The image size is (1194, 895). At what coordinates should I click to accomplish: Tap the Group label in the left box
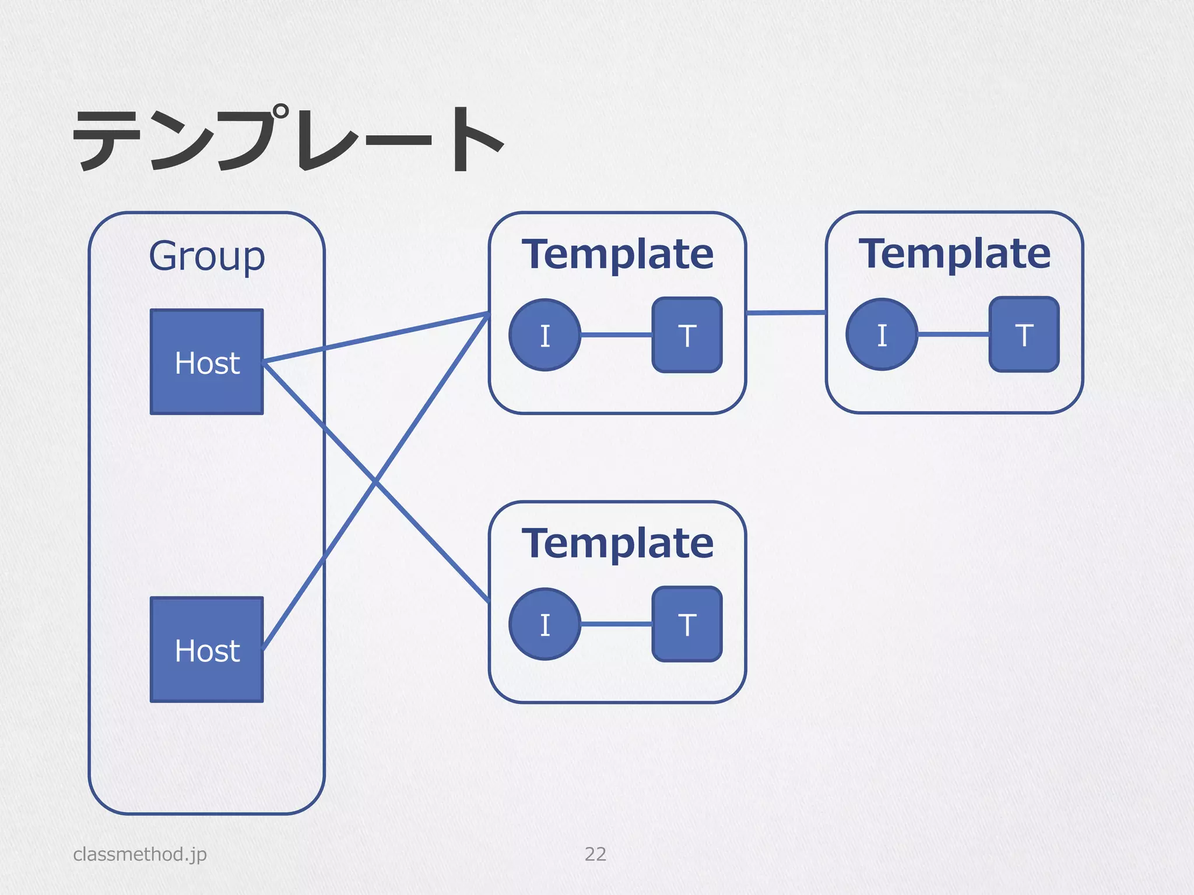[x=207, y=256]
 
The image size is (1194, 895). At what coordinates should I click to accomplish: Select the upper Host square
[x=207, y=362]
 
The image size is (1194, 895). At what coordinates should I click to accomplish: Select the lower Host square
[x=207, y=650]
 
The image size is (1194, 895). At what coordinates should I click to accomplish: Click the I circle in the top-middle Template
[x=545, y=335]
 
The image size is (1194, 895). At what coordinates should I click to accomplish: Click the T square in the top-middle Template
[x=687, y=335]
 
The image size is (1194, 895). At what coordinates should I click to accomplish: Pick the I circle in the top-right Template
[x=882, y=334]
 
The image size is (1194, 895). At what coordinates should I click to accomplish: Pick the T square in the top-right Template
[x=1024, y=334]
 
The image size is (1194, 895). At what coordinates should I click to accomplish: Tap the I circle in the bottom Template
[x=545, y=624]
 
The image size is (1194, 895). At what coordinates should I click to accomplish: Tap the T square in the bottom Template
[x=687, y=624]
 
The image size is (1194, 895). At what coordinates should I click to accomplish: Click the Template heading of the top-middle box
[x=617, y=254]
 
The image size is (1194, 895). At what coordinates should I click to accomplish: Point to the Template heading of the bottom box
[x=617, y=543]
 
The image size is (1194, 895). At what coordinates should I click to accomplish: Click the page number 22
[x=595, y=854]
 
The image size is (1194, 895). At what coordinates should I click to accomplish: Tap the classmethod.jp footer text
[x=140, y=854]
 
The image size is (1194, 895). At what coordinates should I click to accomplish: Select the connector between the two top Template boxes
[x=786, y=313]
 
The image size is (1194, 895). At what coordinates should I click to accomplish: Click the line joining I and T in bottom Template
[x=616, y=624]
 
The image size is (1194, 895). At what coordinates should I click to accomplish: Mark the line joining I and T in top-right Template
[x=953, y=334]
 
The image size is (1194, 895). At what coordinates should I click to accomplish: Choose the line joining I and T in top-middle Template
[x=616, y=335]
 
